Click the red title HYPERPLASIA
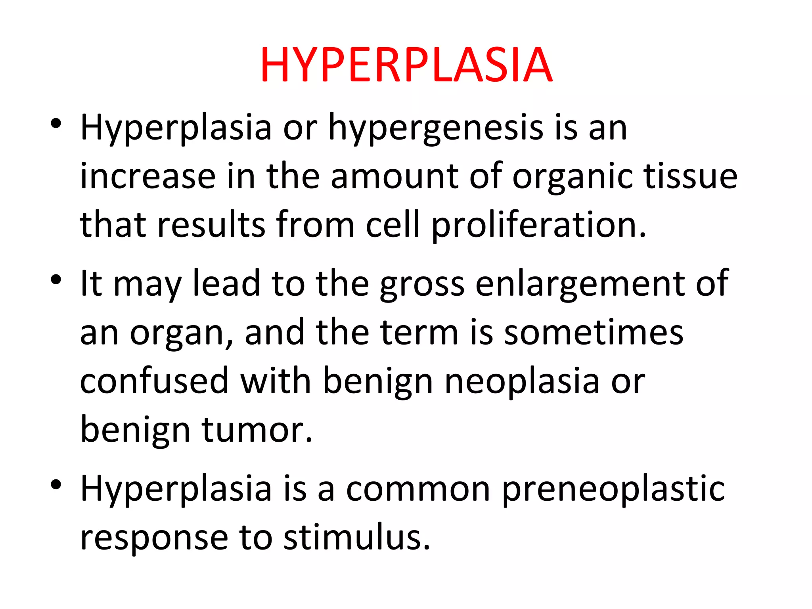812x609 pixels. [x=406, y=65]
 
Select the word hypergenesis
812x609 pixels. [x=436, y=128]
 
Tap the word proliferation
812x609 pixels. [x=538, y=225]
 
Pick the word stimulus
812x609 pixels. [x=357, y=538]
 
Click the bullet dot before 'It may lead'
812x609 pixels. [x=56, y=280]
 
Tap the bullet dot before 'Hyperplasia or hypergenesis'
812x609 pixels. [x=56, y=123]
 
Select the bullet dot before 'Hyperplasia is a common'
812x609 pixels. [x=56, y=485]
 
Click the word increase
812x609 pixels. [x=148, y=176]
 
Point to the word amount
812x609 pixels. [x=394, y=176]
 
